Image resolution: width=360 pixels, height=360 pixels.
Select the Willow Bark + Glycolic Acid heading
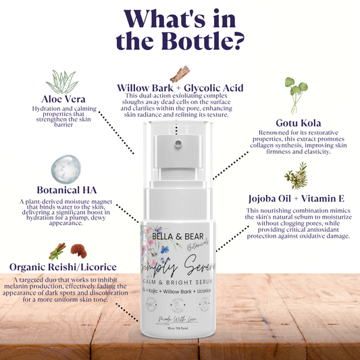click(179, 88)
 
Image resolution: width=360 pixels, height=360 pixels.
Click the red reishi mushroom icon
click(79, 249)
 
